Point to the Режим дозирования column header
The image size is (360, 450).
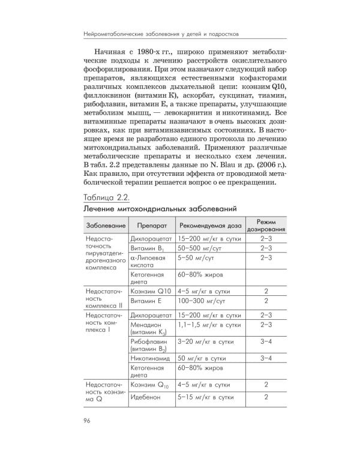click(265, 226)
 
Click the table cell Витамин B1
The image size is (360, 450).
click(147, 248)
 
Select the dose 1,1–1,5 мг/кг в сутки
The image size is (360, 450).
click(208, 325)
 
